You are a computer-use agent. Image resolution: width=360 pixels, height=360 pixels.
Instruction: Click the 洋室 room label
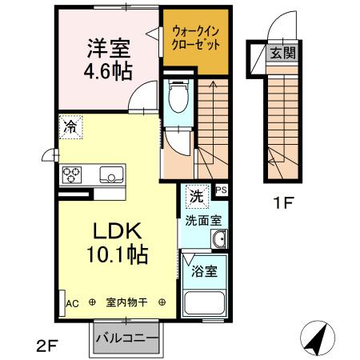tap(104, 47)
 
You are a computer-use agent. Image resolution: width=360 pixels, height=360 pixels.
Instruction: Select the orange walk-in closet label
tap(195, 36)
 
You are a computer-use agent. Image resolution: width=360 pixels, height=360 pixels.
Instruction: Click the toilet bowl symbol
tap(178, 99)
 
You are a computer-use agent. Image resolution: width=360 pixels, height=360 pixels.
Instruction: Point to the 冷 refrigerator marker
tap(71, 126)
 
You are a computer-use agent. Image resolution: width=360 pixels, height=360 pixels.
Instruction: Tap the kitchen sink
tap(109, 174)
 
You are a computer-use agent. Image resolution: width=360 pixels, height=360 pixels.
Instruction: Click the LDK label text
tap(119, 232)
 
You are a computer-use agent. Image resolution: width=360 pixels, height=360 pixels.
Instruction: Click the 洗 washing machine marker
tap(194, 194)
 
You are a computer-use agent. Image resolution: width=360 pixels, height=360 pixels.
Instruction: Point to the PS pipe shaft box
tap(221, 190)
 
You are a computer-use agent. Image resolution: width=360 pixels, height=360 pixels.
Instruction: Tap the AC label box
tap(70, 303)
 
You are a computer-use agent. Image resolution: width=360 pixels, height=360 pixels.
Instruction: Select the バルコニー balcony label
tap(126, 336)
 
